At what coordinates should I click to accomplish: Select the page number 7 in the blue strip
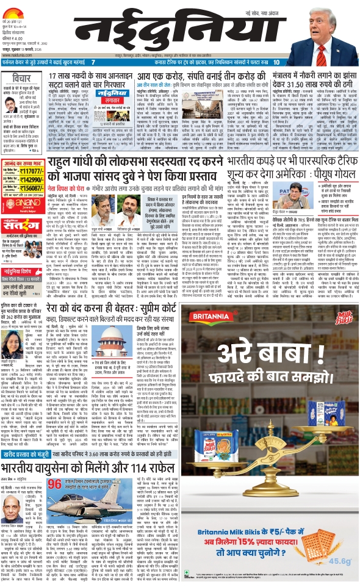click(93, 62)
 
